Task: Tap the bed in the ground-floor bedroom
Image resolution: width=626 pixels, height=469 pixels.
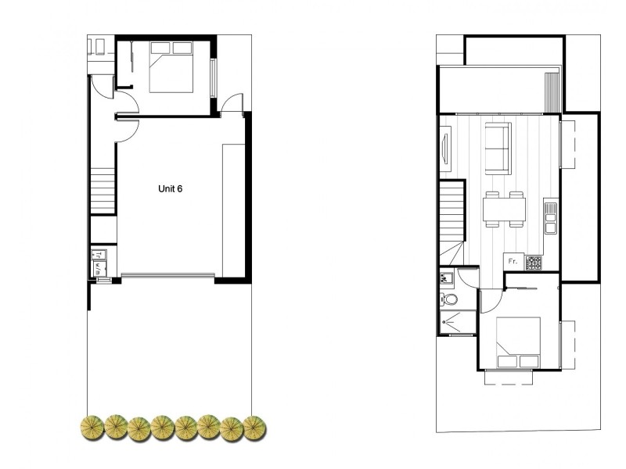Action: [171, 67]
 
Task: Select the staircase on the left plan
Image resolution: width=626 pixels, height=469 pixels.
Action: [103, 192]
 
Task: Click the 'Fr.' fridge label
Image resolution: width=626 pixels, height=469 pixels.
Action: [513, 261]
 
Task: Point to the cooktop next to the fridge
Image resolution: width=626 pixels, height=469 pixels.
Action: [534, 263]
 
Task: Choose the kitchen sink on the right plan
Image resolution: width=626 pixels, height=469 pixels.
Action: [550, 218]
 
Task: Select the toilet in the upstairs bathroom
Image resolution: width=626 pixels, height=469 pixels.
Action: [448, 299]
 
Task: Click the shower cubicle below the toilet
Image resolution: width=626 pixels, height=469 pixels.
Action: [456, 321]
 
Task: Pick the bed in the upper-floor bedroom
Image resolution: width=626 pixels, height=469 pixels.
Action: [517, 342]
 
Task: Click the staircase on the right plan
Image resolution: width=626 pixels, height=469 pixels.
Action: [452, 210]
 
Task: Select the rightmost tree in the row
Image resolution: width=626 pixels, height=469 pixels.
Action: [254, 426]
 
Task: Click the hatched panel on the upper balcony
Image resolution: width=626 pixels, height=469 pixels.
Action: [552, 91]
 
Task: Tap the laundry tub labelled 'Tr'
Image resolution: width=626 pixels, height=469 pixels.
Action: [99, 254]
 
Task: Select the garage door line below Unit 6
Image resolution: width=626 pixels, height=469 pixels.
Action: [167, 274]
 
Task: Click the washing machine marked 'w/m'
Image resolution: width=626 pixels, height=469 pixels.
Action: [99, 268]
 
